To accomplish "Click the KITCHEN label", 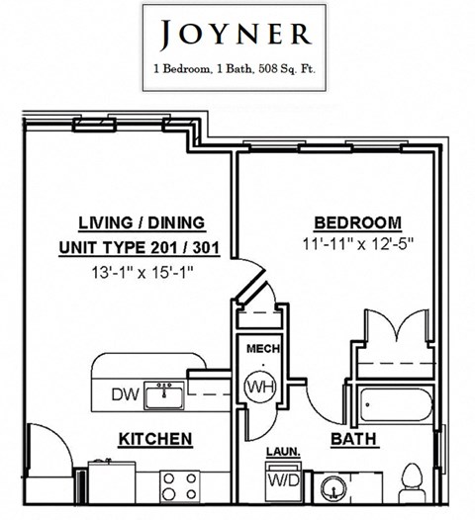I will click(154, 437).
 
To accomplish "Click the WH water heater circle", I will click(259, 385).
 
